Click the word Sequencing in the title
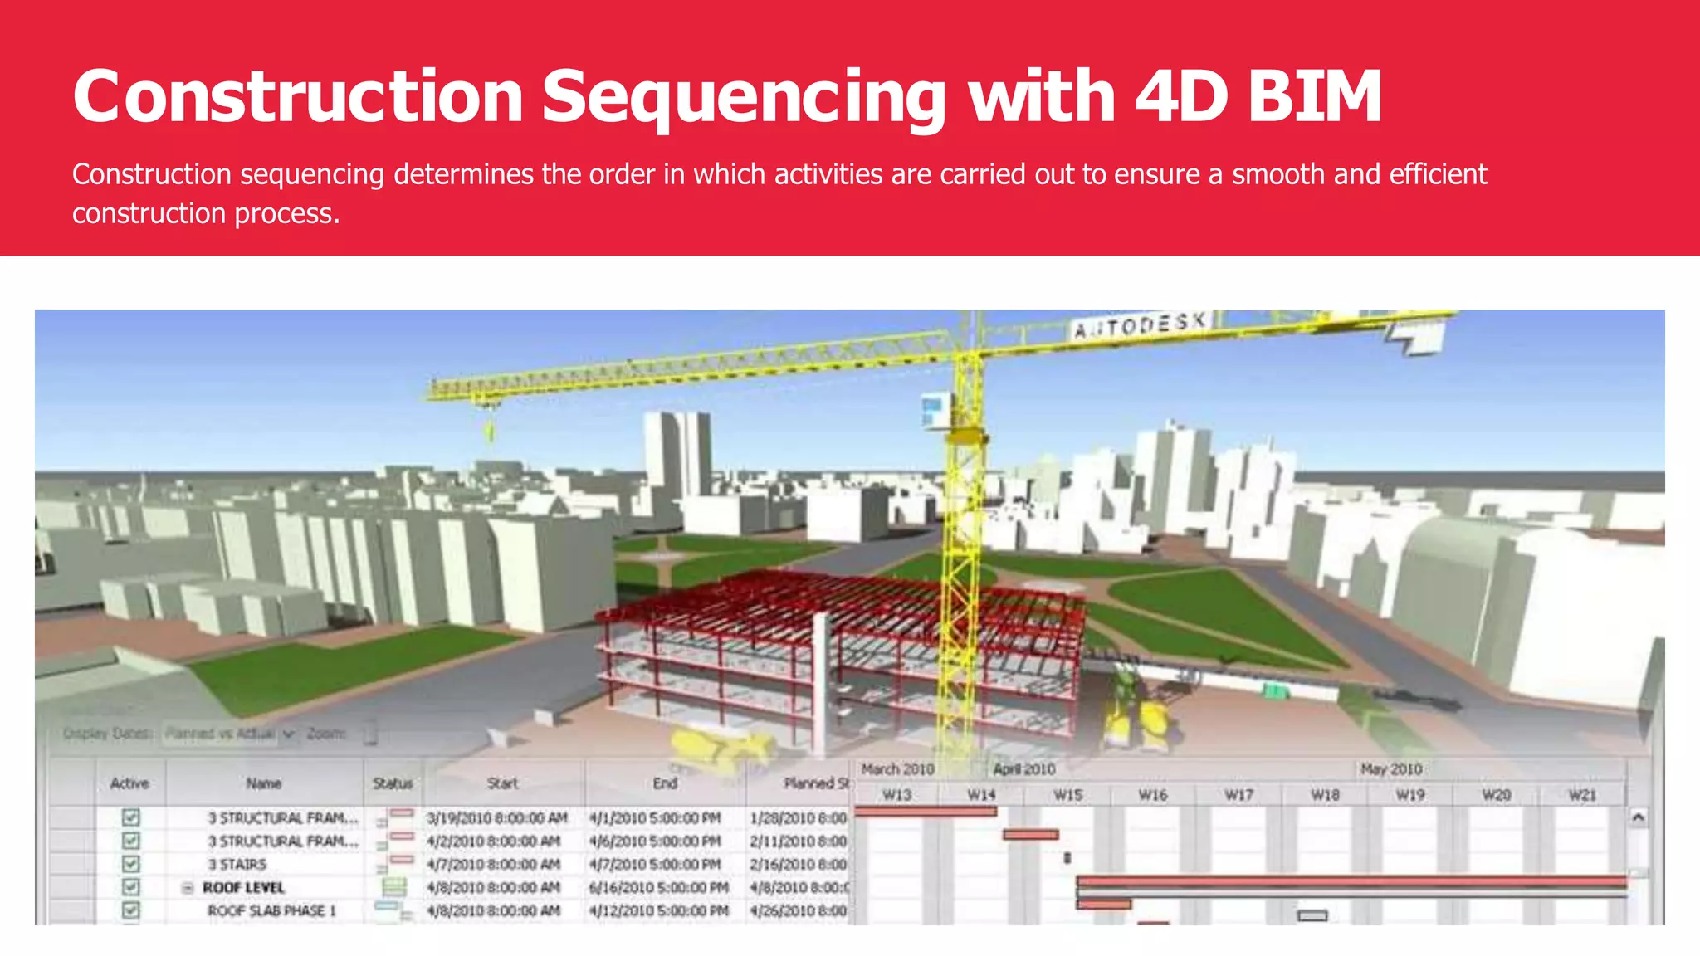click(x=743, y=97)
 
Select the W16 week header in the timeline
click(x=1152, y=795)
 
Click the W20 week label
click(x=1496, y=795)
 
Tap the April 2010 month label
click(x=1023, y=769)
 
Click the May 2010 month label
click(x=1390, y=769)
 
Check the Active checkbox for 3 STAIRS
click(x=130, y=864)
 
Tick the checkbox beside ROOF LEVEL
click(x=130, y=887)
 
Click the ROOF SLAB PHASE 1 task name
click(x=271, y=910)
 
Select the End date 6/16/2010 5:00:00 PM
click(x=659, y=887)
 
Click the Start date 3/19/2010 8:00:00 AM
click(x=497, y=818)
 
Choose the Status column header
click(x=393, y=783)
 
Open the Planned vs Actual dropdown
click(x=288, y=734)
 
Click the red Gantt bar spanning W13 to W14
click(x=925, y=812)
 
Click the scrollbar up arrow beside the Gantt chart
click(x=1638, y=817)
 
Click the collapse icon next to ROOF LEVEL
click(x=188, y=888)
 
